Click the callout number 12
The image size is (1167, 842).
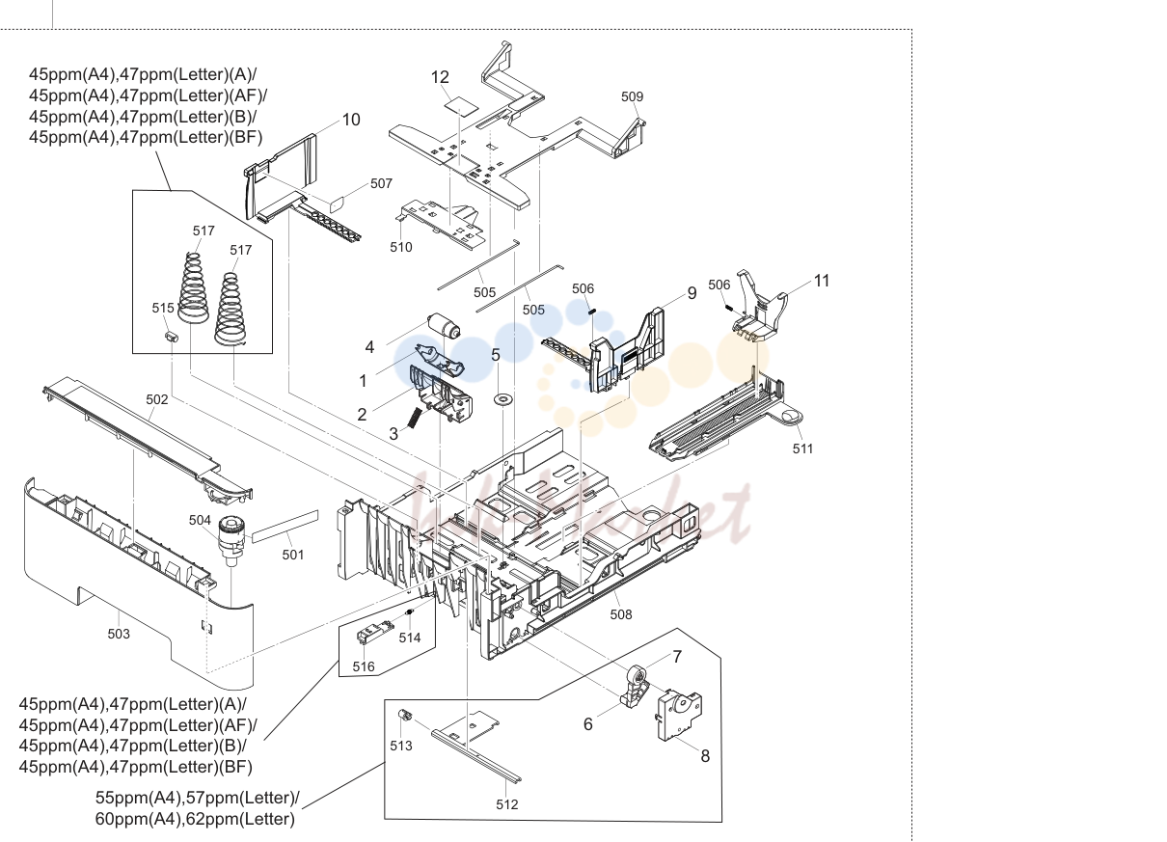point(440,77)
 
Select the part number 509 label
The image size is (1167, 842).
point(632,96)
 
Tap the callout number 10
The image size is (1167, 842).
point(351,120)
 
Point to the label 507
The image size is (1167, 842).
point(381,183)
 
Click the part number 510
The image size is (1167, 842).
point(401,247)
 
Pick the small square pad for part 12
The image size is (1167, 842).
point(462,105)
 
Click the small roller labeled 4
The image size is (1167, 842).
point(444,327)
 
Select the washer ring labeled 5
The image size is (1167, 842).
point(502,399)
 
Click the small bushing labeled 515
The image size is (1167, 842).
point(172,336)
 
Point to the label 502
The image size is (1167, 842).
point(157,399)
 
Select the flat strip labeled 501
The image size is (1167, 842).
point(285,527)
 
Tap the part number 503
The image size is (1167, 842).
point(119,634)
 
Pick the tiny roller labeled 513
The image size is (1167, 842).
point(404,715)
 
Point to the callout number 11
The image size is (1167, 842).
point(822,281)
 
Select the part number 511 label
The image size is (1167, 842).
point(802,448)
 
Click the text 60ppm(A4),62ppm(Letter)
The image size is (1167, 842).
point(195,819)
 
